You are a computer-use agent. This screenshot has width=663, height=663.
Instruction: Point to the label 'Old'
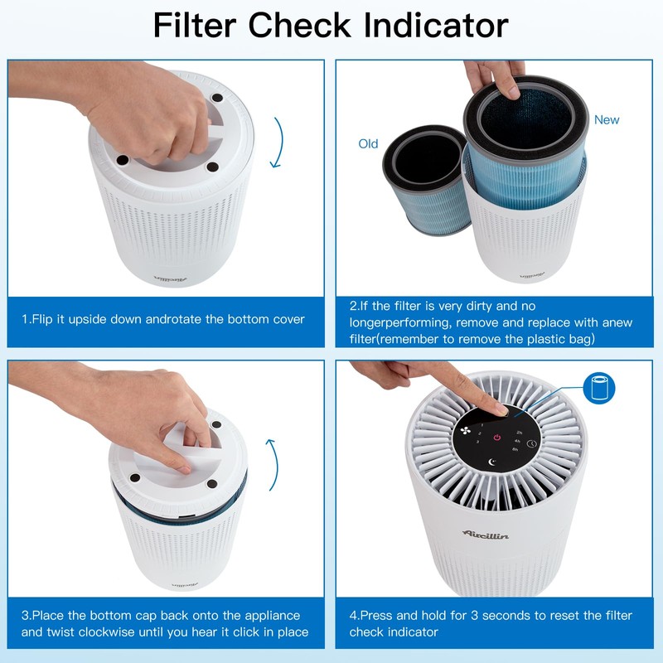click(368, 144)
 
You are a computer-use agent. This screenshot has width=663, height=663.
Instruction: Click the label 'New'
click(607, 120)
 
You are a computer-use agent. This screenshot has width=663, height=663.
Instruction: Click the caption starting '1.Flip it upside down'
click(163, 319)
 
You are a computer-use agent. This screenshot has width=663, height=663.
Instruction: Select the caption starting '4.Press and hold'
click(491, 623)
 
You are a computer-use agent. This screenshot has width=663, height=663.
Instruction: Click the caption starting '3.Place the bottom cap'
click(165, 623)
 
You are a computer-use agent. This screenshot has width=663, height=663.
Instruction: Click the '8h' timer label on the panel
click(515, 449)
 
